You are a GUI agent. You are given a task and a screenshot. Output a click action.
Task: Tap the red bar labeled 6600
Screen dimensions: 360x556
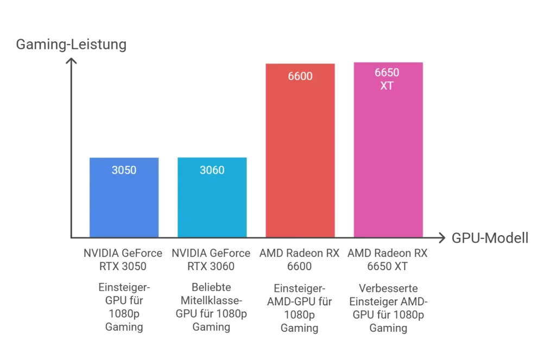[x=300, y=157]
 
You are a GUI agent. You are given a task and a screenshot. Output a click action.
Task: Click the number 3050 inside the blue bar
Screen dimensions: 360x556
[x=124, y=170]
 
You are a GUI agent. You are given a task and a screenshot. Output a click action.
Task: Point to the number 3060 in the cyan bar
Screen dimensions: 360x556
[x=212, y=170]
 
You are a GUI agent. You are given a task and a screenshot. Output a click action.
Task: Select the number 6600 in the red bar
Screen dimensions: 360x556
[x=300, y=77]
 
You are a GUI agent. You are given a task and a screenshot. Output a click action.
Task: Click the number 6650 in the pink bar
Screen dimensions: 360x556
[x=388, y=73]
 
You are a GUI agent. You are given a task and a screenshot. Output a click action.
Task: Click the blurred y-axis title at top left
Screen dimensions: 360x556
[x=69, y=45]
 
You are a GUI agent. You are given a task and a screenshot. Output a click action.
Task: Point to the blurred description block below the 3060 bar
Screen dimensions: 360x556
[x=211, y=307]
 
